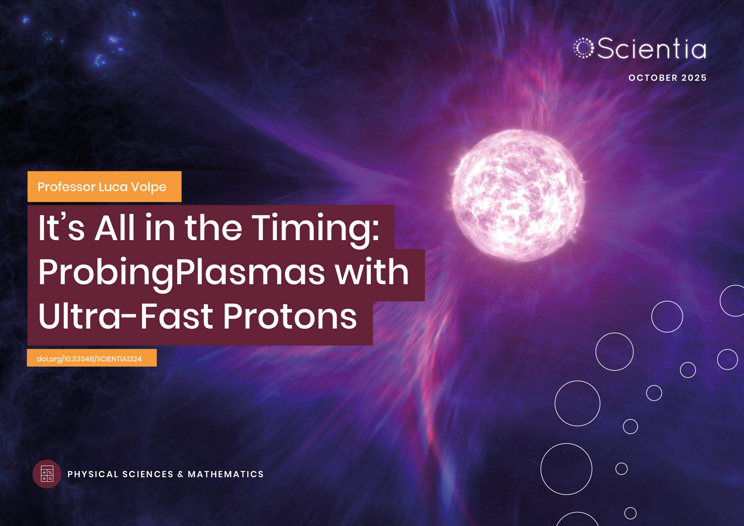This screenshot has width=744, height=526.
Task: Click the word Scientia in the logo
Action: click(651, 48)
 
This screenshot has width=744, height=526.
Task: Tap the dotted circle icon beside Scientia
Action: click(583, 48)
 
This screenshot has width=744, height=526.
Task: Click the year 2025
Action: click(694, 78)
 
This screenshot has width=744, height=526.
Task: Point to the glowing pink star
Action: click(518, 195)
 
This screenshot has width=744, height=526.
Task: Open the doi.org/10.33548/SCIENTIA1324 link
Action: click(89, 359)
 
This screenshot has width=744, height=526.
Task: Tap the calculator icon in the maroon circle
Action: click(47, 474)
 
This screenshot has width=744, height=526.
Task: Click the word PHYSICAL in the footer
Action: click(93, 474)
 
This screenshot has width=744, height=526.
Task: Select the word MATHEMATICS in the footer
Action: click(226, 474)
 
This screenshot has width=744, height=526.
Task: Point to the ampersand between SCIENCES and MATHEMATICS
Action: click(180, 474)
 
